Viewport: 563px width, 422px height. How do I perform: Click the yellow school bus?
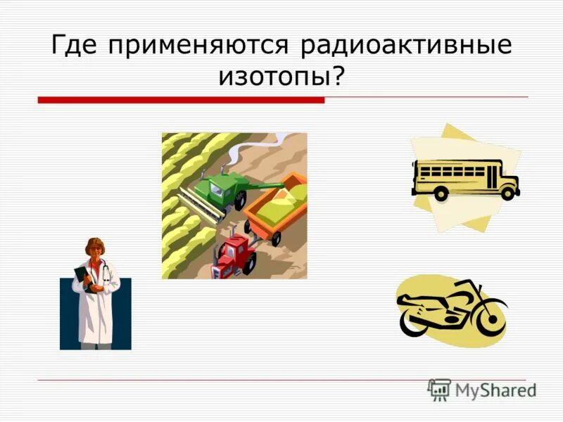pyautogui.click(x=464, y=177)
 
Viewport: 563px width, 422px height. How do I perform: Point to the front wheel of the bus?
pyautogui.click(x=507, y=191)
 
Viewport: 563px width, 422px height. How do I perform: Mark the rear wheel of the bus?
pyautogui.click(x=441, y=193)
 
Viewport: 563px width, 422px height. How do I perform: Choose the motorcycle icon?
pyautogui.click(x=450, y=309)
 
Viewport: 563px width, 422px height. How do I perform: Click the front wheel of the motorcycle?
pyautogui.click(x=492, y=321)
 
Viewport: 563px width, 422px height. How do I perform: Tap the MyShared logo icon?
pyautogui.click(x=440, y=390)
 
